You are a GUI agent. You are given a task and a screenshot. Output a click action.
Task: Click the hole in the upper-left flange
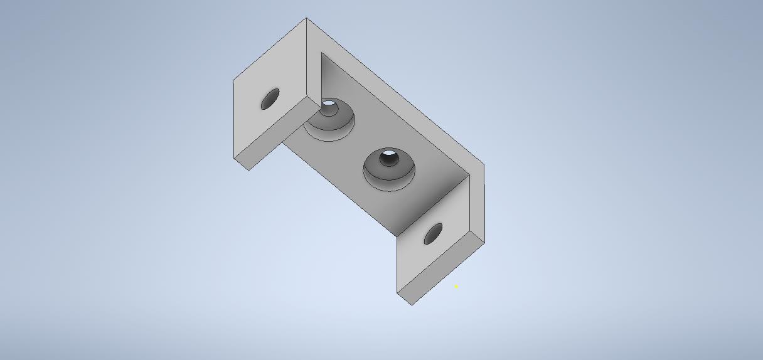(270, 99)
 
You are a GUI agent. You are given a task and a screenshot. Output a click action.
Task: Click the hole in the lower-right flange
(433, 234)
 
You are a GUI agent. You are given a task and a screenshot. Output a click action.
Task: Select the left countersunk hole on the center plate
(329, 119)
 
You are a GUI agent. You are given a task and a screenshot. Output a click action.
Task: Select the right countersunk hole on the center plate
(389, 167)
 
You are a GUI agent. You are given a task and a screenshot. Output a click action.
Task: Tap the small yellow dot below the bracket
(456, 287)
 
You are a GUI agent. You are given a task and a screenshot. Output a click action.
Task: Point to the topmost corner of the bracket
(306, 18)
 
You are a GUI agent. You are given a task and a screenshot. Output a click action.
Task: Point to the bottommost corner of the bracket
(412, 305)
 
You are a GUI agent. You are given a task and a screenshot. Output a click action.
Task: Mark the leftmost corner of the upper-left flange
(233, 80)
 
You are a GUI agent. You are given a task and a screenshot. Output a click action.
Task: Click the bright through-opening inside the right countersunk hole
(389, 154)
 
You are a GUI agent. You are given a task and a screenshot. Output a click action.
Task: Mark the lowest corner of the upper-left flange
(249, 169)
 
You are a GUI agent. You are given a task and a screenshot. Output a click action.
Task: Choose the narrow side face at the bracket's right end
(477, 201)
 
